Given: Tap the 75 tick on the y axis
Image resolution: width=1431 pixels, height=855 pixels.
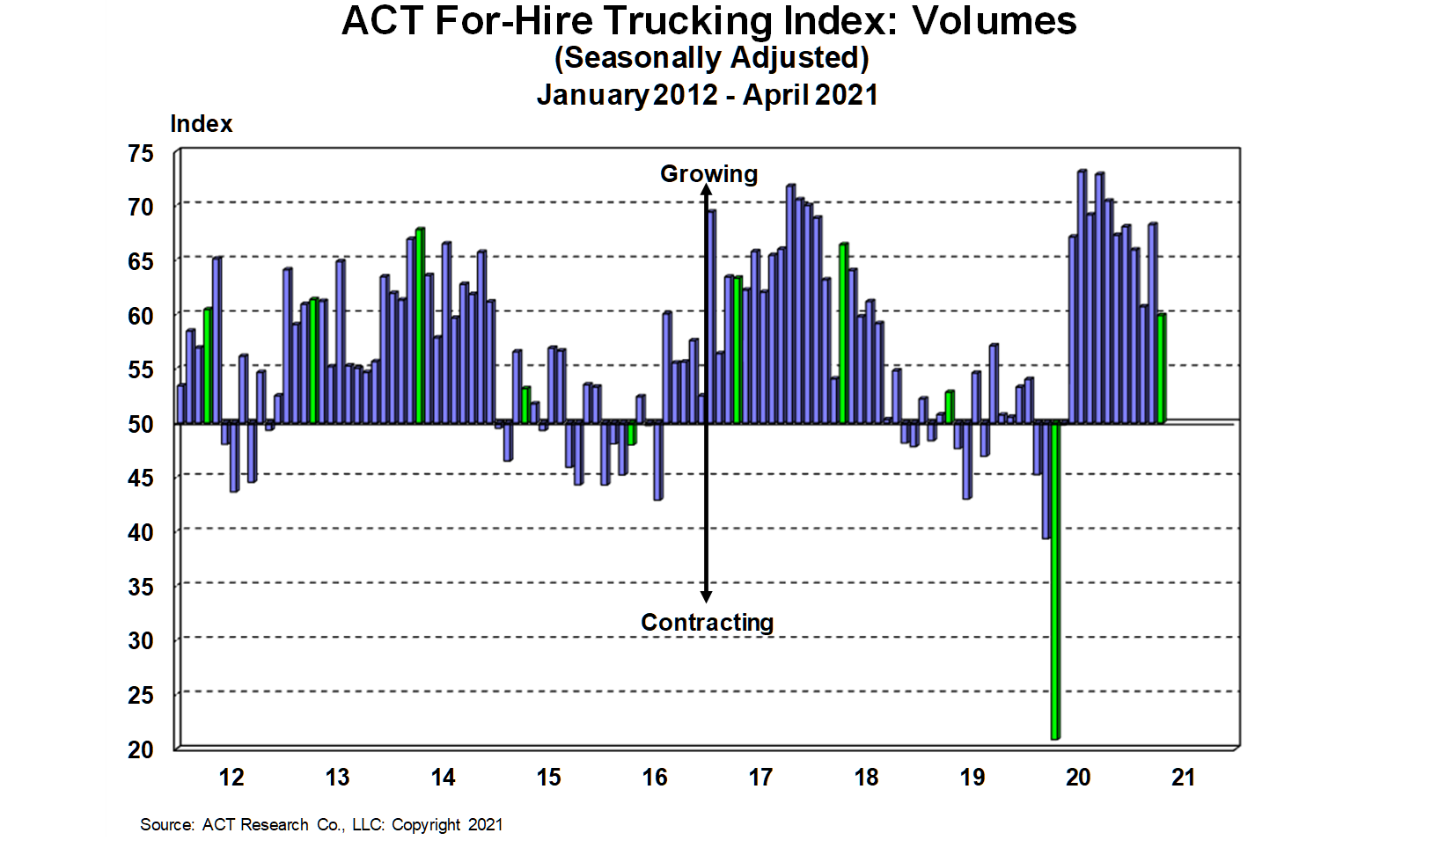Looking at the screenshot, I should click(141, 154).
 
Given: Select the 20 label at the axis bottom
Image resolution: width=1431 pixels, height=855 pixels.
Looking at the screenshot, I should click(141, 750).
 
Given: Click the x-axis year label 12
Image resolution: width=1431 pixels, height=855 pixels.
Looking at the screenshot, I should click(231, 778).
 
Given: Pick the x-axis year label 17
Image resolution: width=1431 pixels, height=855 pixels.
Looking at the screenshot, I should click(760, 778).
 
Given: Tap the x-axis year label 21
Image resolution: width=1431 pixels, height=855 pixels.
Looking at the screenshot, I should click(1184, 778).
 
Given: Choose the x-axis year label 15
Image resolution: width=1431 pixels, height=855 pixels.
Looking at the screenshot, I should click(548, 778).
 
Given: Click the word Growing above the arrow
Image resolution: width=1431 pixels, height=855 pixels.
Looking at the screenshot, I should click(708, 174).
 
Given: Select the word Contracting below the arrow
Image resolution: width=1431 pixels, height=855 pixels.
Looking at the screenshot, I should click(707, 623).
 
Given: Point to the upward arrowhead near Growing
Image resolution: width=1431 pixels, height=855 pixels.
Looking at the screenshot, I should click(706, 191).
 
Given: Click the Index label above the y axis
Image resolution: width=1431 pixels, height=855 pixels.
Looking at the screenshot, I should click(201, 124).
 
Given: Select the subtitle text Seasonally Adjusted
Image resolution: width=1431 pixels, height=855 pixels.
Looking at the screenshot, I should click(711, 58).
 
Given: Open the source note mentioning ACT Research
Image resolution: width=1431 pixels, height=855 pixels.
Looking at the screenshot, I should click(321, 825).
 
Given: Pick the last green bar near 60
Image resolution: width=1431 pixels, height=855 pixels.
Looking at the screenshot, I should click(1162, 368).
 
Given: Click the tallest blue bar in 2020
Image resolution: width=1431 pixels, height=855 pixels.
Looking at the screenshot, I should click(1082, 296).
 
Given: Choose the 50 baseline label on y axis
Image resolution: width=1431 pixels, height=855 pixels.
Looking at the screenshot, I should click(141, 425).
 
